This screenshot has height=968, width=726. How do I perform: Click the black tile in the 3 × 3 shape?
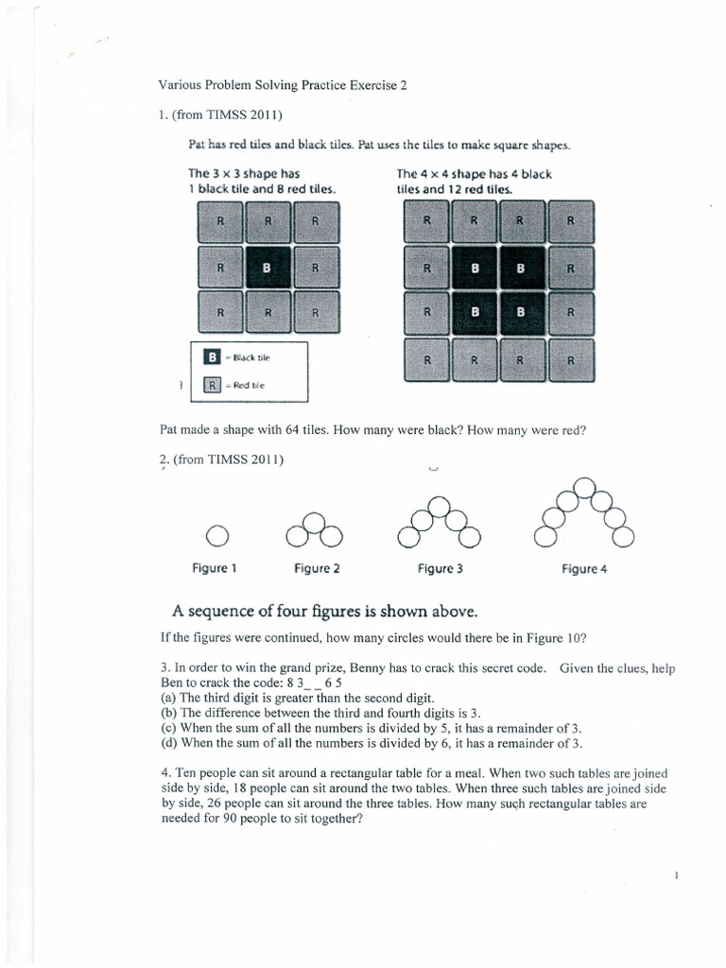pyautogui.click(x=268, y=268)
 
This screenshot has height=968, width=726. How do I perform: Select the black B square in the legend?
pyautogui.click(x=214, y=357)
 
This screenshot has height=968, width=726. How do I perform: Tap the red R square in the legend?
pyautogui.click(x=214, y=386)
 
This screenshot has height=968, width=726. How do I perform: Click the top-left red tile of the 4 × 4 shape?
pyautogui.click(x=426, y=222)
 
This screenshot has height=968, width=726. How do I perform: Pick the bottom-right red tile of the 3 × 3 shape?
pyautogui.click(x=316, y=312)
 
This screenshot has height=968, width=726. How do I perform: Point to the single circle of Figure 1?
pyautogui.click(x=216, y=536)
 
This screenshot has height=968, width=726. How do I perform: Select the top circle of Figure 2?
pyautogui.click(x=315, y=521)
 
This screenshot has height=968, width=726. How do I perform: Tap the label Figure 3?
pyautogui.click(x=439, y=569)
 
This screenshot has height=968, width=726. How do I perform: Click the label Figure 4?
pyautogui.click(x=584, y=569)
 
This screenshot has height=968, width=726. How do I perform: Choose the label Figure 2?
pyautogui.click(x=317, y=569)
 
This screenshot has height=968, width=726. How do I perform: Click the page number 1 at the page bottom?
pyautogui.click(x=677, y=877)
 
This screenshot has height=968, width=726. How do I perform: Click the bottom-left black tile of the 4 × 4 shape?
pyautogui.click(x=475, y=312)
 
